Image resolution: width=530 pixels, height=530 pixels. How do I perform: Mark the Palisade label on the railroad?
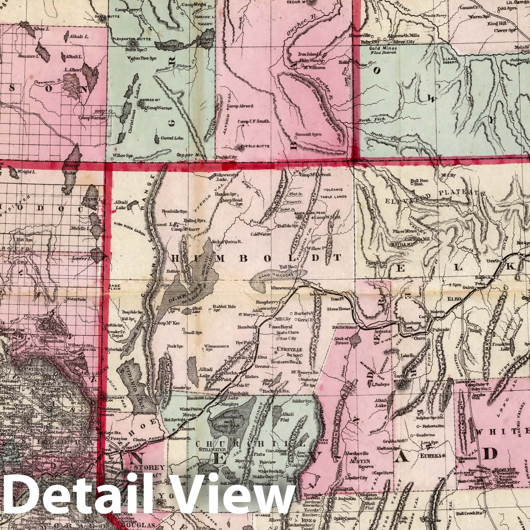pos(440,330)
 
